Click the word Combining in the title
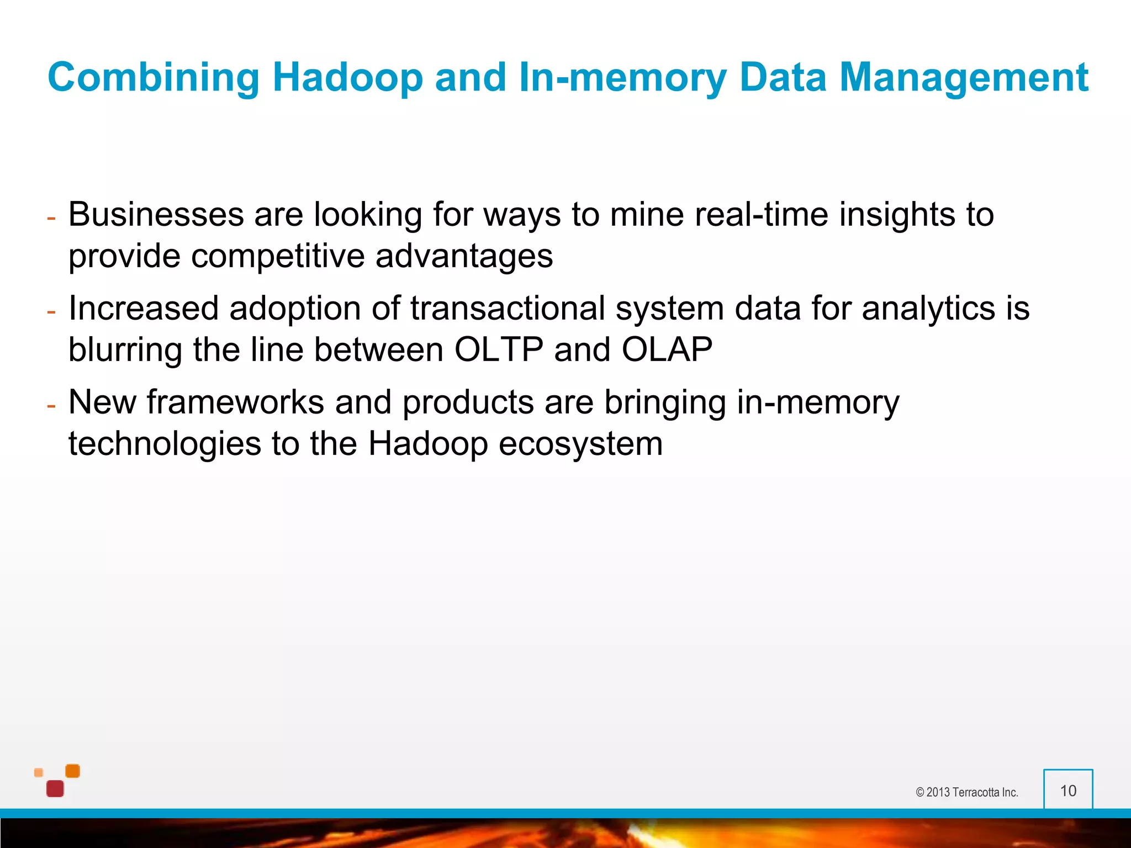pos(154,77)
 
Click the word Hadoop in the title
pos(347,77)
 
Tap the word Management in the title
pos(963,77)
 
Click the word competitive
pos(278,257)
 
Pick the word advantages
pos(464,257)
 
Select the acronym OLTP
pos(499,350)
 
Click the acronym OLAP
pos(667,350)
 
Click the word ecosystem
pos(580,444)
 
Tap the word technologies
pos(165,444)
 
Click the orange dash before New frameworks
pos(51,406)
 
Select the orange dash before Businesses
pos(51,219)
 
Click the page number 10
pos(1068,791)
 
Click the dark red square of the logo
pos(55,788)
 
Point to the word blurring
pos(125,350)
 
